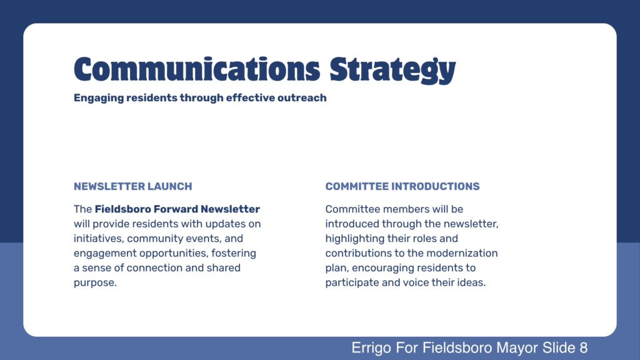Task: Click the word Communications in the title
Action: [197, 69]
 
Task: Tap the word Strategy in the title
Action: [392, 70]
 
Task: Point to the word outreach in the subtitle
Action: [302, 98]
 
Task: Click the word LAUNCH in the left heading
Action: [169, 186]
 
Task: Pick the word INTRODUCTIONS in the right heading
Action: [435, 186]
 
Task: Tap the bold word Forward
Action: [176, 209]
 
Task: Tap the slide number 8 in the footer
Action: [583, 347]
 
